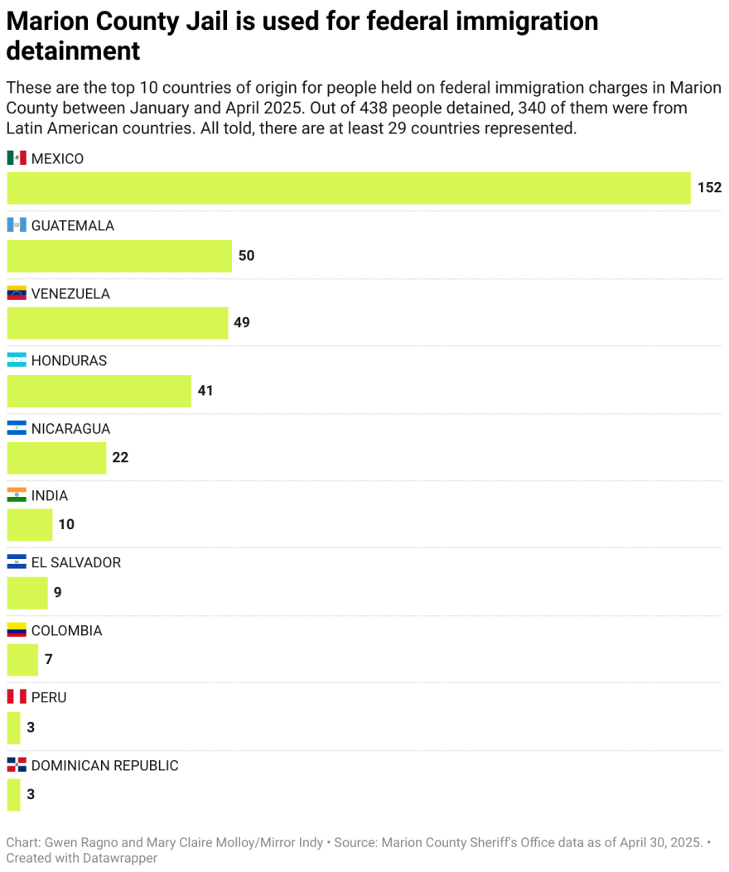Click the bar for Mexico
click(x=348, y=188)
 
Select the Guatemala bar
click(x=119, y=256)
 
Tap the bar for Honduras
click(x=99, y=391)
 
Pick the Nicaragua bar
click(x=56, y=458)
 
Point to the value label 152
click(x=709, y=188)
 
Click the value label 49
click(x=241, y=323)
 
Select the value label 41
click(x=205, y=390)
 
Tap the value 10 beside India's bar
click(x=66, y=525)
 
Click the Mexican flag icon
click(x=17, y=158)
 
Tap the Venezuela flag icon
click(x=17, y=293)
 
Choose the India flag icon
click(x=17, y=495)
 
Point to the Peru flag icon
click(x=17, y=697)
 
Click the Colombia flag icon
click(x=17, y=630)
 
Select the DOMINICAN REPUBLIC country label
click(x=104, y=766)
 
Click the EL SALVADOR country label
click(x=76, y=563)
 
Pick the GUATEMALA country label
click(x=73, y=226)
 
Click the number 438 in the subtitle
click(x=374, y=108)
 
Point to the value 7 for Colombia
click(x=49, y=660)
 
